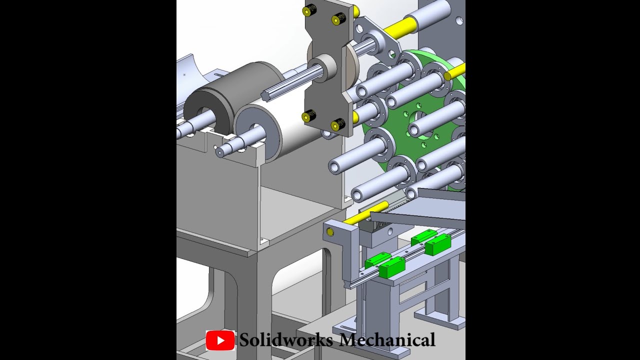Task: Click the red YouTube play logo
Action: point(220,340)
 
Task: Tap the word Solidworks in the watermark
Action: point(286,340)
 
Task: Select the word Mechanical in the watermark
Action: point(386,340)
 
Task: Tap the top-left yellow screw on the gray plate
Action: point(308,10)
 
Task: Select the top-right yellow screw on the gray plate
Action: point(338,19)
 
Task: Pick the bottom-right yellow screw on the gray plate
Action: point(337,124)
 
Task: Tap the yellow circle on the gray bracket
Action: point(330,232)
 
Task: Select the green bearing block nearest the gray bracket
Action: point(391,268)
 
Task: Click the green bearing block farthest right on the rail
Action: point(437,244)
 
